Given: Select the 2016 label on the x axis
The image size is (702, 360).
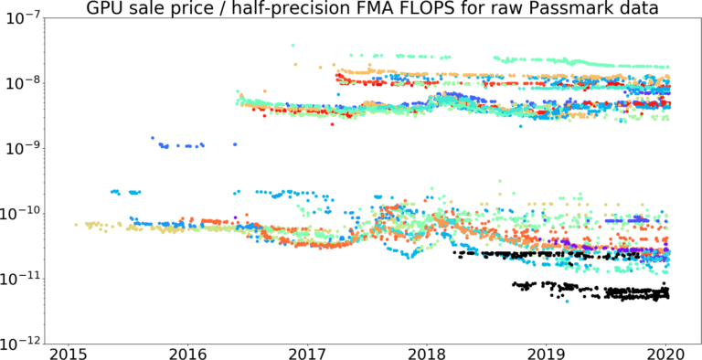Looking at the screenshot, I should coord(186,353).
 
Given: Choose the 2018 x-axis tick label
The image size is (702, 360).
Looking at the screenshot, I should coord(427,353).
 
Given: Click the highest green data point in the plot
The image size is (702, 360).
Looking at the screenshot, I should coord(292,45).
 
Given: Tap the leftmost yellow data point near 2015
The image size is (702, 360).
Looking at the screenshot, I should coord(76,224).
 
